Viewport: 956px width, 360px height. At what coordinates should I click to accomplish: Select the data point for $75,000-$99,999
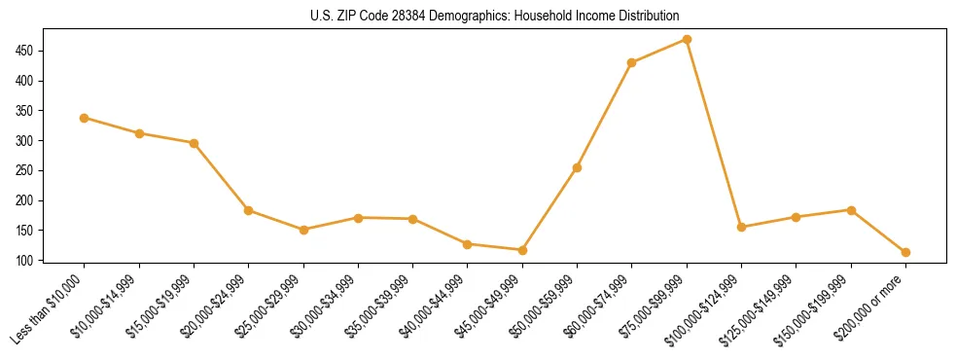click(x=687, y=39)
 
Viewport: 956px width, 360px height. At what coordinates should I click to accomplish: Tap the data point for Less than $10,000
click(x=84, y=118)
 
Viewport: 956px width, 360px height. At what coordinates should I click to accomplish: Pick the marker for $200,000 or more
click(x=905, y=252)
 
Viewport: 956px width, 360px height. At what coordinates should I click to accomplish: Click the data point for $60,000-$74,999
click(x=632, y=62)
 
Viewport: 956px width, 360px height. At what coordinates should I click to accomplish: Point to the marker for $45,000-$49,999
click(x=522, y=250)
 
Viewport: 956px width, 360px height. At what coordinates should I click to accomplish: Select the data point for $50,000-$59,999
click(x=577, y=167)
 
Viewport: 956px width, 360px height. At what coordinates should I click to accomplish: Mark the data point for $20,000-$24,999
click(x=248, y=210)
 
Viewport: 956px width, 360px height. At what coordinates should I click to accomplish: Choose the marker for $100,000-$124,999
click(x=741, y=227)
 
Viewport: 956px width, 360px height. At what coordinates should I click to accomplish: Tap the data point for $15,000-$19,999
click(x=194, y=143)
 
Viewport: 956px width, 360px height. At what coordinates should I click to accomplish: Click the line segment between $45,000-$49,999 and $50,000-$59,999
click(x=549, y=209)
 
